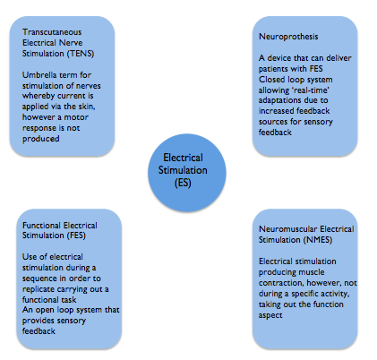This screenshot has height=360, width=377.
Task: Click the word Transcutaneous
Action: [x=52, y=32]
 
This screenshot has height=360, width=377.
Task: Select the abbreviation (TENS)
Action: [x=81, y=54]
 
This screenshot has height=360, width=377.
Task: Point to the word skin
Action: [x=88, y=107]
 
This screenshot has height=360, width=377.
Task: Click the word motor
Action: [x=76, y=117]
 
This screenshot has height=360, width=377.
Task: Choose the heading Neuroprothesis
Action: [x=288, y=37]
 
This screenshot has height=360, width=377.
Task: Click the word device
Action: [x=279, y=58]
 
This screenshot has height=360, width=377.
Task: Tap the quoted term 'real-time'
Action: [x=310, y=90]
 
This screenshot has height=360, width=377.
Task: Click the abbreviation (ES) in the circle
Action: [x=183, y=183]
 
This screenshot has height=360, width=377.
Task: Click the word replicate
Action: [x=38, y=289]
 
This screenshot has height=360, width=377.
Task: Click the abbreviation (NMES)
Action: [x=318, y=240]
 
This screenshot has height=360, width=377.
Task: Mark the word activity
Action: [x=335, y=294]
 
